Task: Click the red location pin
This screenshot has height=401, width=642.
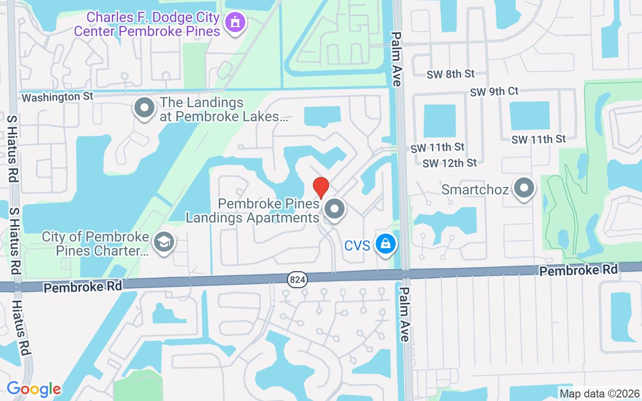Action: pos(321,187)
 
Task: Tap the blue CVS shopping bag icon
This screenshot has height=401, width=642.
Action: pos(385,244)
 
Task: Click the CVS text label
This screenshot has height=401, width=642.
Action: pos(357,246)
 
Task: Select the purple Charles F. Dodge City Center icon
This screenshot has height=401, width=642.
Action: pos(234,23)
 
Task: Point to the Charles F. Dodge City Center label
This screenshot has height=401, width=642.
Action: pos(147,24)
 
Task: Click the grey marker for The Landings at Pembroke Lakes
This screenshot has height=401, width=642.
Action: pos(145,107)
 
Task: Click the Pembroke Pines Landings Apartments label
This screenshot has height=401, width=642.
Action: pos(253,211)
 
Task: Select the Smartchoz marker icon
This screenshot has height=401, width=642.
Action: pos(525,188)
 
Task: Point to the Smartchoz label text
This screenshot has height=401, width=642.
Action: pos(475,190)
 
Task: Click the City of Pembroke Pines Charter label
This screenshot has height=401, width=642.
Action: pos(95,244)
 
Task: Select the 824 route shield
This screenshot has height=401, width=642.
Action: pos(297,280)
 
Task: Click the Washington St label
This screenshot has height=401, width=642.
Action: pos(58,97)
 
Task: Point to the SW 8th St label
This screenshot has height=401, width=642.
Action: pos(450,74)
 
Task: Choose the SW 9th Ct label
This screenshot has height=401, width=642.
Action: pos(494,92)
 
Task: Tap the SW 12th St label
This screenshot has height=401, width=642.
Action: pos(449,163)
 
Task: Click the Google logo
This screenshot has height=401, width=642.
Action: pos(34,389)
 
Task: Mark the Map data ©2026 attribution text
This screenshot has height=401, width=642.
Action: pos(600,393)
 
